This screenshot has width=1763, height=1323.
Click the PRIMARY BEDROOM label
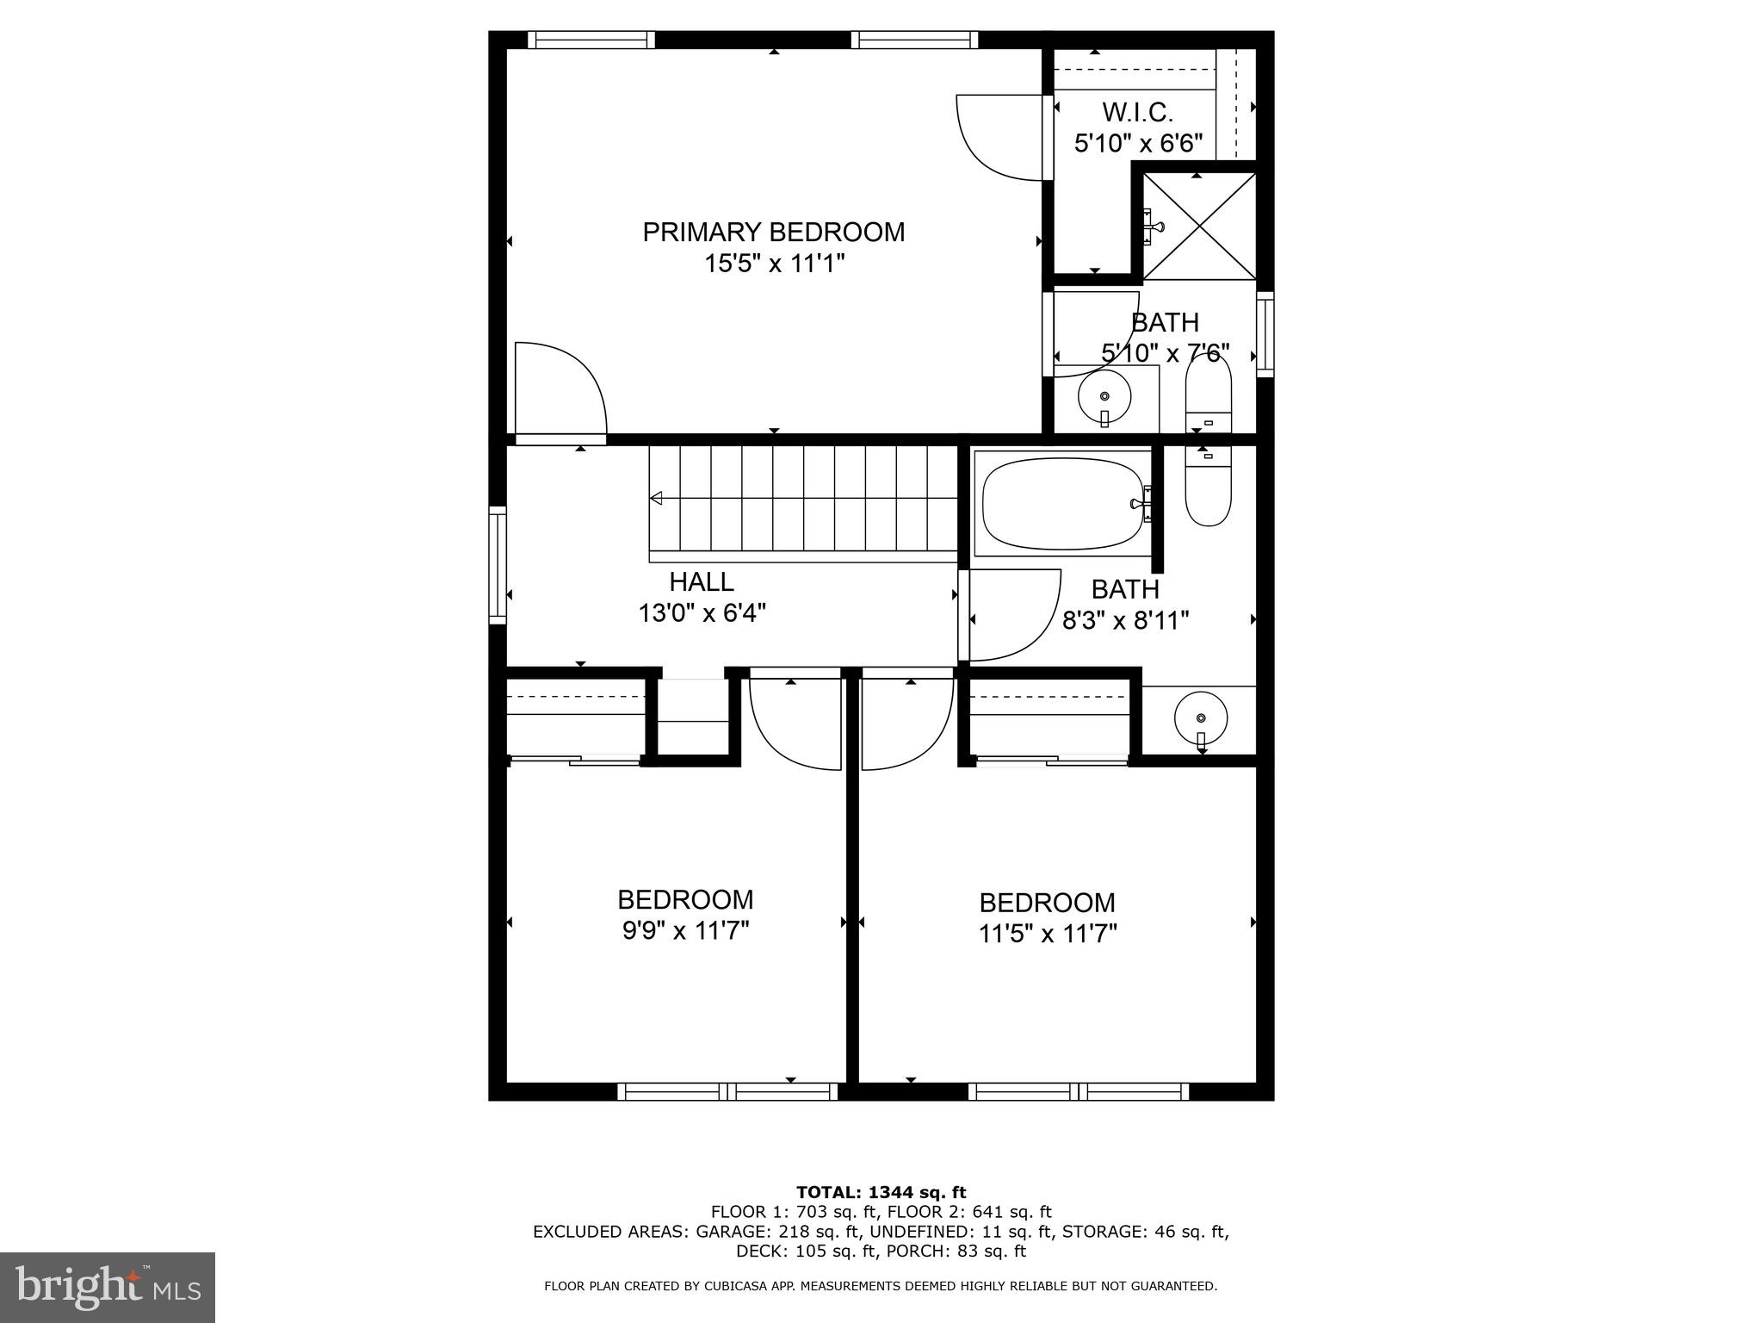coord(773,232)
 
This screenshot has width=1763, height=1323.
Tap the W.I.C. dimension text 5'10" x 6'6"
coord(1137,143)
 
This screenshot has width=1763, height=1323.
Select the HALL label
coord(702,582)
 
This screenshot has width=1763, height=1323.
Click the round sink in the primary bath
coord(1104,397)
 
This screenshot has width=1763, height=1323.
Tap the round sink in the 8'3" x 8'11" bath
coord(1201,717)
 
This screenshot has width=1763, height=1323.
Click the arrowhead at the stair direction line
coord(656,498)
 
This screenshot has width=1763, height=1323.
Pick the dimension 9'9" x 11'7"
coord(686,931)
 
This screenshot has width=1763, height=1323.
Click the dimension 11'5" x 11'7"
coord(1047,934)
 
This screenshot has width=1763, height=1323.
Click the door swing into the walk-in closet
coord(1003,138)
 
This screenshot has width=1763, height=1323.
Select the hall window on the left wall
coord(498,565)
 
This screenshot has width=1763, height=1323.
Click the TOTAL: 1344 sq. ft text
coord(881,1193)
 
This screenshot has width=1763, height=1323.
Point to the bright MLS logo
coord(107,1286)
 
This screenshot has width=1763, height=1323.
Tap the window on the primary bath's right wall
coord(1265,333)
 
